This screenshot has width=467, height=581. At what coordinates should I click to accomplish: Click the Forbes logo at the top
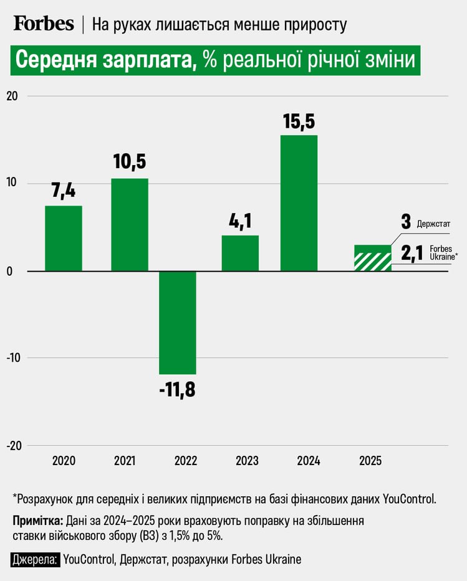(x=44, y=24)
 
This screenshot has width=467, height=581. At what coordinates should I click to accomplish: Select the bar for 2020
(x=64, y=238)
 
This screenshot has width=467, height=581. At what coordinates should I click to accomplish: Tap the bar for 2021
(x=130, y=224)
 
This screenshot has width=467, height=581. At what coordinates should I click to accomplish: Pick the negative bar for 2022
(x=178, y=322)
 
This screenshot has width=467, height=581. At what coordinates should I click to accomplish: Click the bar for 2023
(x=240, y=253)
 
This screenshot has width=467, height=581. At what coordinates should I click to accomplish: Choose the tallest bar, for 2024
(x=299, y=202)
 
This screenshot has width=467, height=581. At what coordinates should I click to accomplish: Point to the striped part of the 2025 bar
(x=372, y=262)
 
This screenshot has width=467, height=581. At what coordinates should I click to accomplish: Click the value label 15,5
(x=299, y=121)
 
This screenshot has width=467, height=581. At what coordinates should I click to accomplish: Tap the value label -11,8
(x=177, y=390)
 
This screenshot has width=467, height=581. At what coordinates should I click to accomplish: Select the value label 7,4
(x=64, y=192)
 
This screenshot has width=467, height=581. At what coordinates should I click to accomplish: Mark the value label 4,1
(x=240, y=221)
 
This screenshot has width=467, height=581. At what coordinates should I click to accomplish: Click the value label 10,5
(x=130, y=163)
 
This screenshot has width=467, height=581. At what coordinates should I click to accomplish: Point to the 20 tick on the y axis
(x=13, y=96)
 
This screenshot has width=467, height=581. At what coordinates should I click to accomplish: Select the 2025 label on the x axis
(x=370, y=461)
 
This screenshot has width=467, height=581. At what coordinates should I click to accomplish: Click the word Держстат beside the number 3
(x=433, y=223)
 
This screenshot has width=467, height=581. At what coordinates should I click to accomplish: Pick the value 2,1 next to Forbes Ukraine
(x=411, y=253)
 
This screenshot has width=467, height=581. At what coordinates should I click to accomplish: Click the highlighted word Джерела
(x=34, y=559)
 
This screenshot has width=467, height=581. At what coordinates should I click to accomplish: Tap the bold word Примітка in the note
(x=37, y=521)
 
